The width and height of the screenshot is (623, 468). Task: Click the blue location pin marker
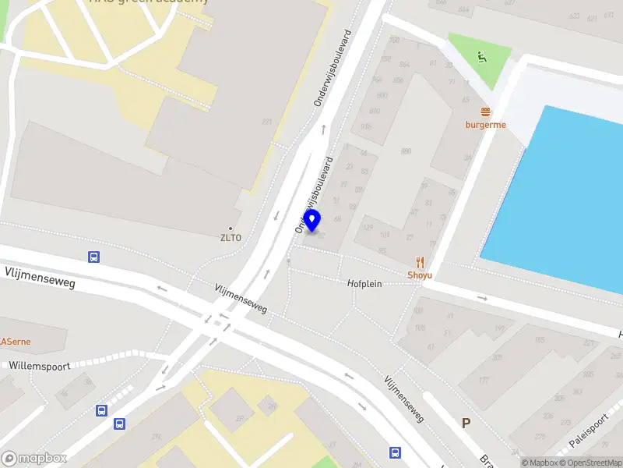click(x=312, y=221)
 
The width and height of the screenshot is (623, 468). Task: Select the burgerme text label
click(x=486, y=125)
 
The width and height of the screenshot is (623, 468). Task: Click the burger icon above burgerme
click(x=486, y=112)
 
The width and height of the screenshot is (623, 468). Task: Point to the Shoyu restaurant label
click(x=420, y=275)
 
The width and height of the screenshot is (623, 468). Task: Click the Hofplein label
click(x=364, y=284)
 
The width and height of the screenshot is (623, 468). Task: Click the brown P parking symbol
click(x=466, y=424)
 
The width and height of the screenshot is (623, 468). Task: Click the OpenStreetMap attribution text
click(x=590, y=463)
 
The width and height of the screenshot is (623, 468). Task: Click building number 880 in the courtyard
click(x=406, y=151)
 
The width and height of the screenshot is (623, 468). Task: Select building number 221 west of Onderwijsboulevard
click(x=267, y=122)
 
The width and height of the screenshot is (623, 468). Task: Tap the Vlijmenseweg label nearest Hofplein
click(x=241, y=299)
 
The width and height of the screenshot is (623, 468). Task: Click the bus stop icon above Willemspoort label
click(x=93, y=257)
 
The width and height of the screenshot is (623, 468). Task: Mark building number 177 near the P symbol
click(x=483, y=381)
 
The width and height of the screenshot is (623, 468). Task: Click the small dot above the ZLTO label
click(x=231, y=229)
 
